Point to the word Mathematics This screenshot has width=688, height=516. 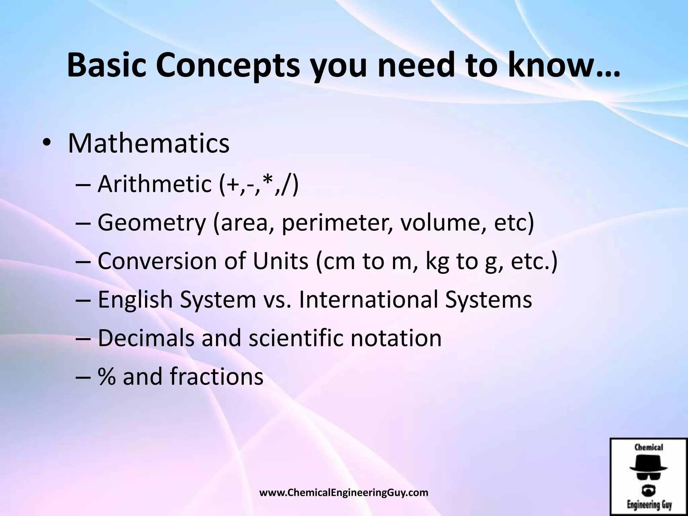click(148, 144)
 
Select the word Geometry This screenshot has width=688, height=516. click(152, 223)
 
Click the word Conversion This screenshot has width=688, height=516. click(157, 261)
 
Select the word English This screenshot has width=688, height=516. click(135, 300)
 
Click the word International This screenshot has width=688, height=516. click(368, 299)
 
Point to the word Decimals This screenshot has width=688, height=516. click(146, 338)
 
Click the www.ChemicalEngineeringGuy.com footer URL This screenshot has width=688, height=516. click(344, 493)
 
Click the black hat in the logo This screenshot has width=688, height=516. click(648, 464)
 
